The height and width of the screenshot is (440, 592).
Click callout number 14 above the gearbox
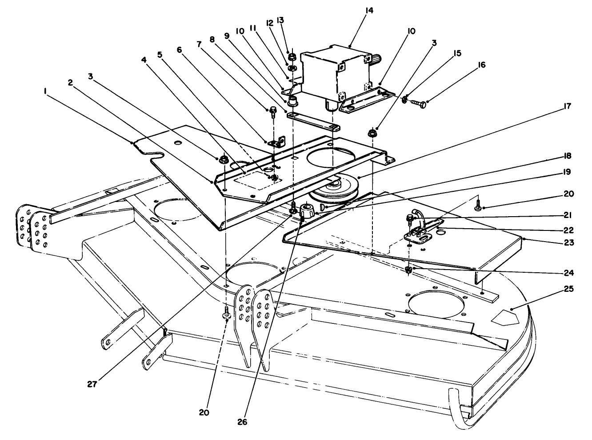(x=369, y=11)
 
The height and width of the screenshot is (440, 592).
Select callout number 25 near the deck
(x=569, y=289)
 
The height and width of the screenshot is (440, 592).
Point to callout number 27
(x=92, y=384)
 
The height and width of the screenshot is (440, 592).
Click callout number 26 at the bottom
(x=242, y=422)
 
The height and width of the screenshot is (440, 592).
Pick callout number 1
(x=45, y=92)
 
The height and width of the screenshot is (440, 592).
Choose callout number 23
(x=569, y=242)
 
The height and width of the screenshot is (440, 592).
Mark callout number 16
(x=482, y=65)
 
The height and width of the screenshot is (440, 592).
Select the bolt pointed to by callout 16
(x=419, y=104)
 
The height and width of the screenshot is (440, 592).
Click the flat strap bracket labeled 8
(x=313, y=121)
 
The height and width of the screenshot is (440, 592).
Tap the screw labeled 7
(x=272, y=112)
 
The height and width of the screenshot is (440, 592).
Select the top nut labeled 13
(x=292, y=57)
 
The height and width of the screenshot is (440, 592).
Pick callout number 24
(x=569, y=273)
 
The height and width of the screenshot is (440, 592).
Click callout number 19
(x=567, y=172)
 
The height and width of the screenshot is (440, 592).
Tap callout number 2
(x=70, y=83)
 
